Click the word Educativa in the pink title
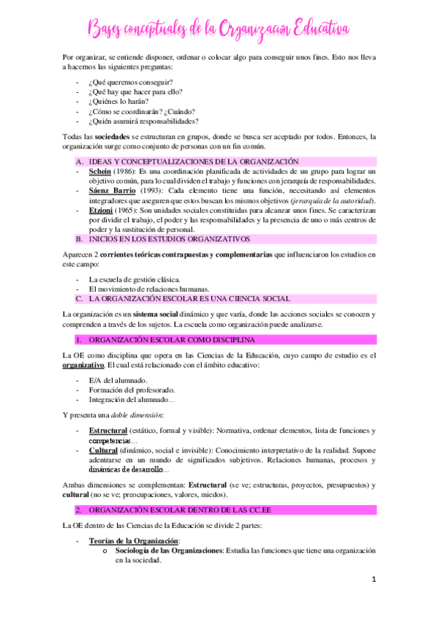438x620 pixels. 321,29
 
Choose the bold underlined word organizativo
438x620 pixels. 83,365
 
